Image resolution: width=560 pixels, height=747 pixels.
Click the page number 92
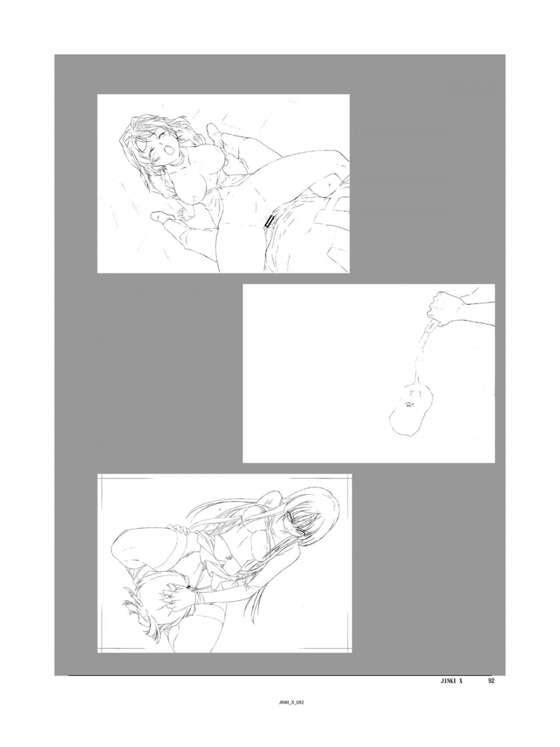pyautogui.click(x=491, y=680)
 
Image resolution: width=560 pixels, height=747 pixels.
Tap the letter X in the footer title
pyautogui.click(x=460, y=680)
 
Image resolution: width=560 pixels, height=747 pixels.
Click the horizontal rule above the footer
pyautogui.click(x=280, y=676)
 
